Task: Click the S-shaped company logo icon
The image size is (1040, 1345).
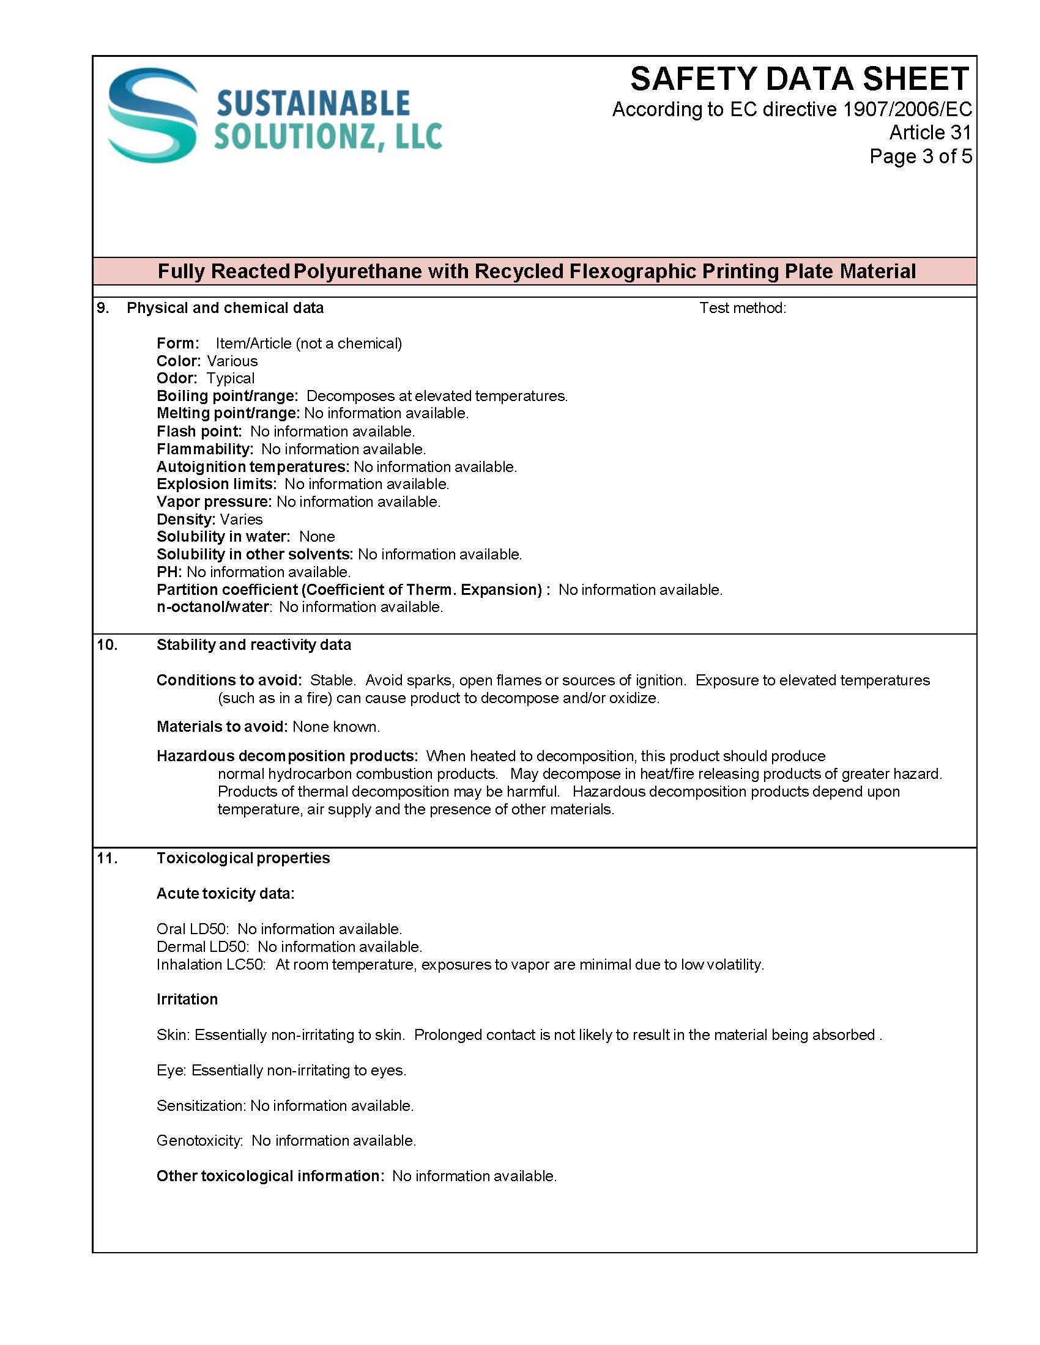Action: tap(153, 115)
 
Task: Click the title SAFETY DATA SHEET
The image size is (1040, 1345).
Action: tap(799, 79)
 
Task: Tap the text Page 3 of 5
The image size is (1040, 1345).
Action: tap(920, 157)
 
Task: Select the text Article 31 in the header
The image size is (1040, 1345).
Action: tap(930, 133)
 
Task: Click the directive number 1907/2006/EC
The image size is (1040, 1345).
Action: tap(907, 109)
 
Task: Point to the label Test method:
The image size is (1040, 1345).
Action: tap(743, 308)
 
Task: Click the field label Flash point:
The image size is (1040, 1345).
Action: tap(199, 431)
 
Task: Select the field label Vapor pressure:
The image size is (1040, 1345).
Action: tap(214, 502)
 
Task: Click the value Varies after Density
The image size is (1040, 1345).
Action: tap(241, 519)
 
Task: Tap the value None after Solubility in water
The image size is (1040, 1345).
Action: tap(317, 536)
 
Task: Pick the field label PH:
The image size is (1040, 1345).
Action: tap(169, 572)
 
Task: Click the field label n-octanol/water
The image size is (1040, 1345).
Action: tap(212, 607)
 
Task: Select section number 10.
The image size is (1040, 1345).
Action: tap(107, 645)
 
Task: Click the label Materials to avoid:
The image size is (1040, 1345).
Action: tap(222, 727)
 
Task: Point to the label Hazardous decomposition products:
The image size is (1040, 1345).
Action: tap(287, 756)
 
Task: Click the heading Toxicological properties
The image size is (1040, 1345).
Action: tap(243, 858)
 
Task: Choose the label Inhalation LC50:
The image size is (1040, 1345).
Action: tap(210, 964)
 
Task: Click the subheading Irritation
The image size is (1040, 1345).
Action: tap(187, 999)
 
